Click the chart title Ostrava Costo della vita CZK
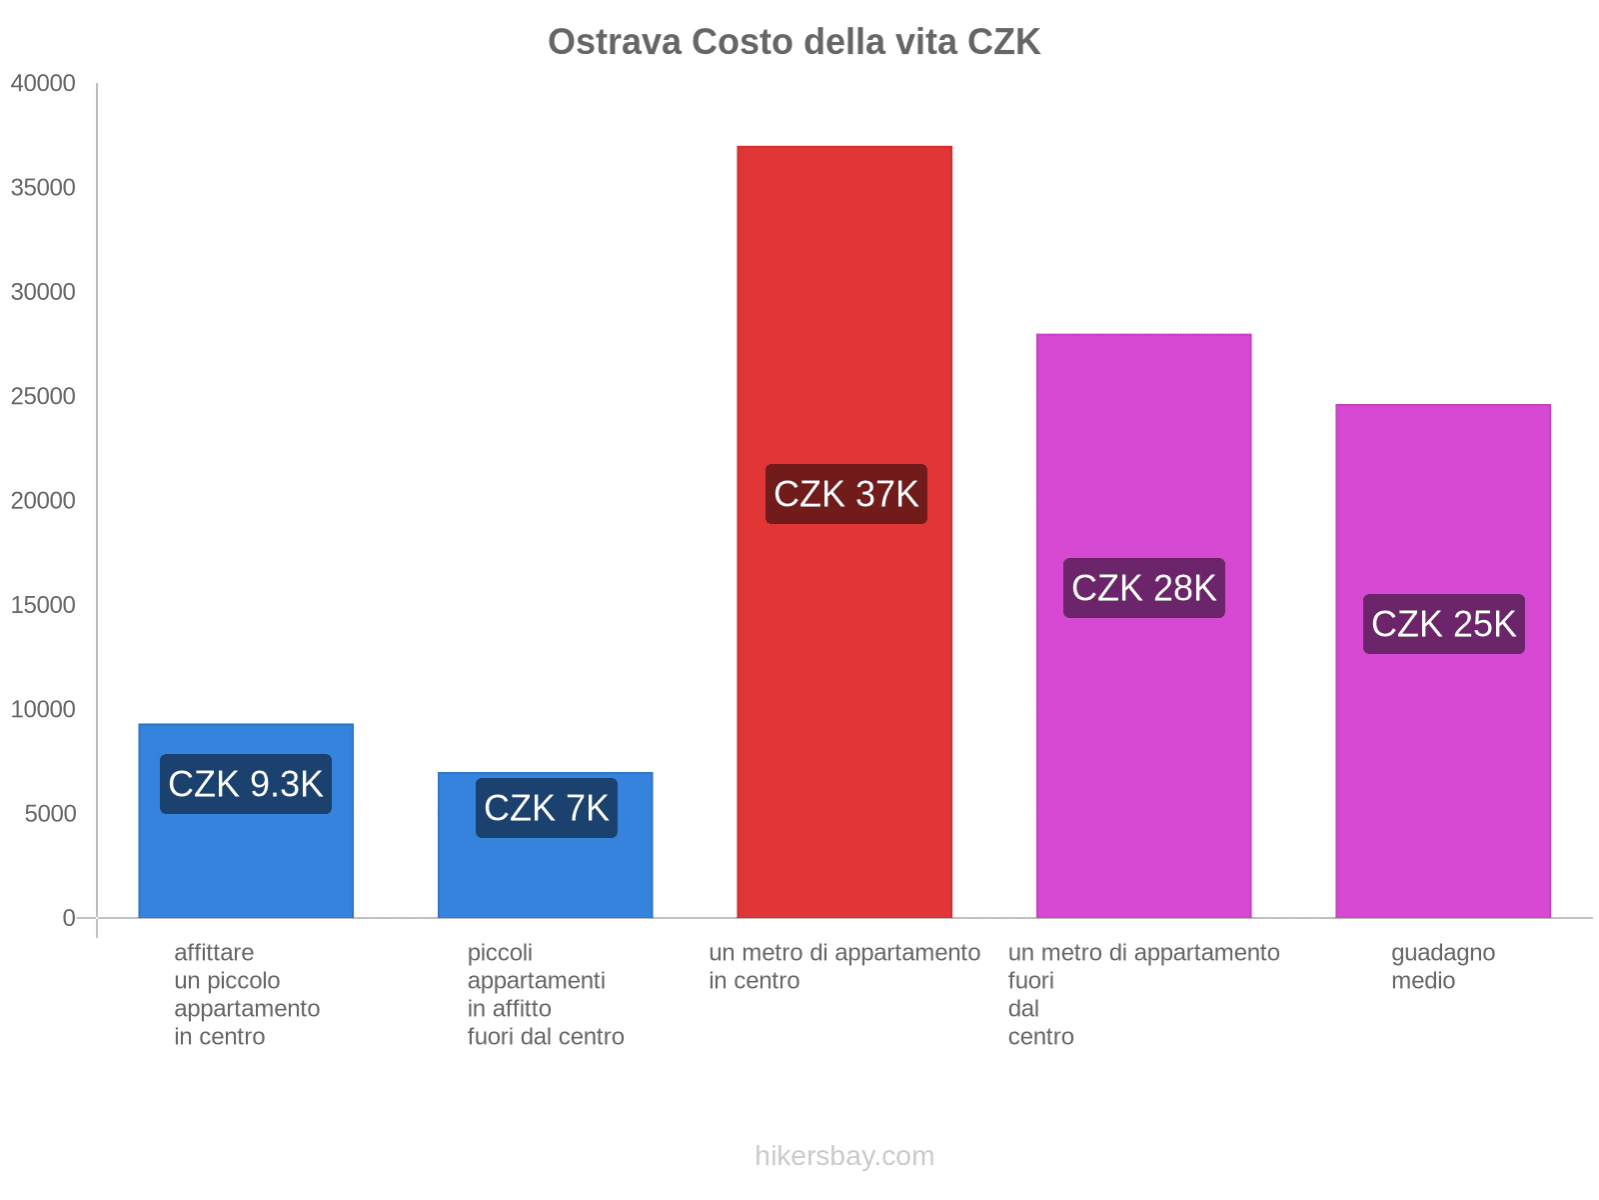click(794, 42)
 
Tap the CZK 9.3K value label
click(246, 784)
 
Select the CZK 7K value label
click(546, 808)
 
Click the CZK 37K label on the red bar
click(845, 494)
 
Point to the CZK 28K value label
click(1143, 588)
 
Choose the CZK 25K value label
click(1443, 624)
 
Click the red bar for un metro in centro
click(844, 300)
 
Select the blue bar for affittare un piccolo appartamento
click(246, 860)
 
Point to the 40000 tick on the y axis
click(43, 84)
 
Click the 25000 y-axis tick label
click(43, 397)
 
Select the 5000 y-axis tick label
click(50, 814)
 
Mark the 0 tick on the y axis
click(69, 918)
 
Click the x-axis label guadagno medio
click(1443, 966)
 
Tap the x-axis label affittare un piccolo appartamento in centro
click(246, 994)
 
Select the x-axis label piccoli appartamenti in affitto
click(546, 994)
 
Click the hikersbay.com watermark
click(844, 1156)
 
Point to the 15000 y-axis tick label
click(43, 605)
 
